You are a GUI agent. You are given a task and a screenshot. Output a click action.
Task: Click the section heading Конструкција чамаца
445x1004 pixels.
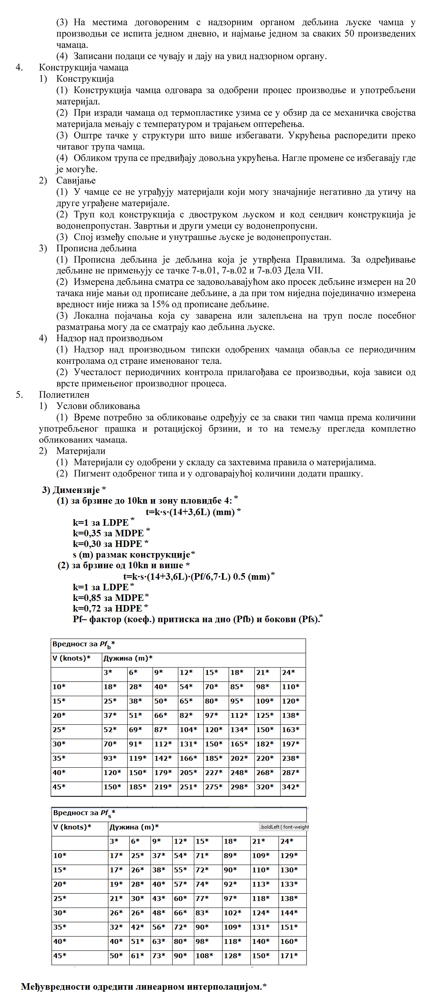(83, 67)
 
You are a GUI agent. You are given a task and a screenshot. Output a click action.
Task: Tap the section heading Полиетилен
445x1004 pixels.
(64, 395)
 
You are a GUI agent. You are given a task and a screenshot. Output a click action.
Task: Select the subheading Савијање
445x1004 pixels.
(76, 181)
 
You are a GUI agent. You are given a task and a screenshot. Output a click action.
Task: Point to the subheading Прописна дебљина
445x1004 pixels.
(96, 249)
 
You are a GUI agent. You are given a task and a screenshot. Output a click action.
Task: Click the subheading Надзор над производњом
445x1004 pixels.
(109, 338)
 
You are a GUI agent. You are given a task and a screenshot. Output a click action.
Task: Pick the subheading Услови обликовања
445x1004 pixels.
(98, 406)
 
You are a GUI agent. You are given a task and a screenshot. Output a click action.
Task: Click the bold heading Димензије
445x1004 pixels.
(76, 490)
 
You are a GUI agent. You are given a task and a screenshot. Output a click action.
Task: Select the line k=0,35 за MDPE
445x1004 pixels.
(108, 533)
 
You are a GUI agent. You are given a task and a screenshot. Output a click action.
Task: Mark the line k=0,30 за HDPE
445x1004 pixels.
(108, 544)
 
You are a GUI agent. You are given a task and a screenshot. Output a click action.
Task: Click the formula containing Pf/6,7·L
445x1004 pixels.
(196, 577)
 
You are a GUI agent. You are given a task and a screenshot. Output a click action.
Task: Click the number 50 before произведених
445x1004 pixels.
(349, 34)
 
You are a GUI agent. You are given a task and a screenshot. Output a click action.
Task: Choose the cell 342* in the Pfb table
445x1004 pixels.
(290, 787)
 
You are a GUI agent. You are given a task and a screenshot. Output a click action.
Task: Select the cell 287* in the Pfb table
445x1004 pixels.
(290, 773)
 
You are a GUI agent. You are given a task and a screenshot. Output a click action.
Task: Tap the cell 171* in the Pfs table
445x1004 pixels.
(288, 956)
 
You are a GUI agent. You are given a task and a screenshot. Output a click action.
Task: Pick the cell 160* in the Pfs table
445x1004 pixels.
(288, 941)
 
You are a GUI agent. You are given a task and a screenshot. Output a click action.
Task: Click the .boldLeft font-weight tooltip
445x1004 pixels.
(284, 827)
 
